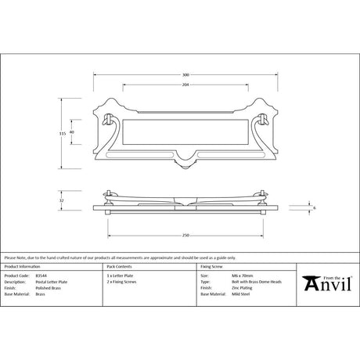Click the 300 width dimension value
tap(185, 75)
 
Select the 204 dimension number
tap(185, 83)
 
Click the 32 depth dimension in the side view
tap(62, 201)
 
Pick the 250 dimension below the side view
tap(185, 236)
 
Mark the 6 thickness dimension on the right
tap(314, 207)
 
